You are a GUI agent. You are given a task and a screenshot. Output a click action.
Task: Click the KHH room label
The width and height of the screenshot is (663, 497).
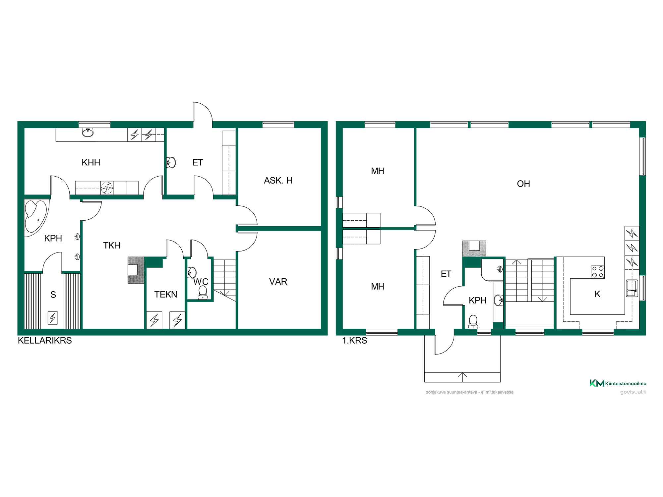coord(91,162)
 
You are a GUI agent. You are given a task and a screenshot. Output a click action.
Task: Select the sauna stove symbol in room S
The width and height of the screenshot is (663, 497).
coord(52,318)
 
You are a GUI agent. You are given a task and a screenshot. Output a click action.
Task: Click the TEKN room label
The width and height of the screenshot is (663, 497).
coord(166,294)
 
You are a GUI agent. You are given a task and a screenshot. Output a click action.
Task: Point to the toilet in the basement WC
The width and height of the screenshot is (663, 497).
coord(203,292)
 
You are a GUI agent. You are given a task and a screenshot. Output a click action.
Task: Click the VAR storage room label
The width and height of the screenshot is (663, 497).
coord(278,282)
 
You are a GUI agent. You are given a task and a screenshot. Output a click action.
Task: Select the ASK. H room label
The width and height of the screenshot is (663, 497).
coord(278,181)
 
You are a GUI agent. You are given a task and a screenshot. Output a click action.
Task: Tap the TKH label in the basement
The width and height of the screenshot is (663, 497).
coord(112,246)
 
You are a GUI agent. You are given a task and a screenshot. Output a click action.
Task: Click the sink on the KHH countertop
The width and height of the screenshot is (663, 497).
coord(88,133)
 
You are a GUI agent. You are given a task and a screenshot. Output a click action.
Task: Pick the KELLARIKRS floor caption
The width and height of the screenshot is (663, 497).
coord(45,341)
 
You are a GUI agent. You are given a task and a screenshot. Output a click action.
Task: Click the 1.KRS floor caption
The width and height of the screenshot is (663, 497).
coord(355,341)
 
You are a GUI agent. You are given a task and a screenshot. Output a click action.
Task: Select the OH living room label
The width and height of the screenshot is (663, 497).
coord(523,184)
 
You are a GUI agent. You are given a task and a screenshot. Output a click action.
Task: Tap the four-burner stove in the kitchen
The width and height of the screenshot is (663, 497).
coord(598,272)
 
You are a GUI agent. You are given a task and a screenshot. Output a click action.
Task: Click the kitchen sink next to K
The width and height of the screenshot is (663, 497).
coord(632,288)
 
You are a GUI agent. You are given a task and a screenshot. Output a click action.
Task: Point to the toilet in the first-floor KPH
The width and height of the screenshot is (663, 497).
coord(473,321)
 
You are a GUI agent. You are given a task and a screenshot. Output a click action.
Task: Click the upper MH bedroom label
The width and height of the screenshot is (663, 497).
coord(378,171)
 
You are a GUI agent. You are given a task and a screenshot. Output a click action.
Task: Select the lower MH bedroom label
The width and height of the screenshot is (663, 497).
coord(378,287)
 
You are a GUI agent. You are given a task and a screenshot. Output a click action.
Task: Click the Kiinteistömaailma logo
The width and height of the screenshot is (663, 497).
coord(618,383)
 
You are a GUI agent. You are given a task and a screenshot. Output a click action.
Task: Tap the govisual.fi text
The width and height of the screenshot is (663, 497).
coord(633,392)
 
